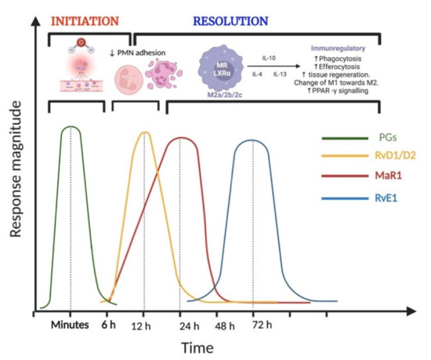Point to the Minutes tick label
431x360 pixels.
[71, 325]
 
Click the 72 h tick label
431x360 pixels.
[253, 325]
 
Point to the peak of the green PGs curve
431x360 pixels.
[71, 126]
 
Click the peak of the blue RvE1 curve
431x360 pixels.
[252, 140]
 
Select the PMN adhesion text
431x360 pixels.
[168, 53]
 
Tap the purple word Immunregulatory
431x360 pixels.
[355, 49]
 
